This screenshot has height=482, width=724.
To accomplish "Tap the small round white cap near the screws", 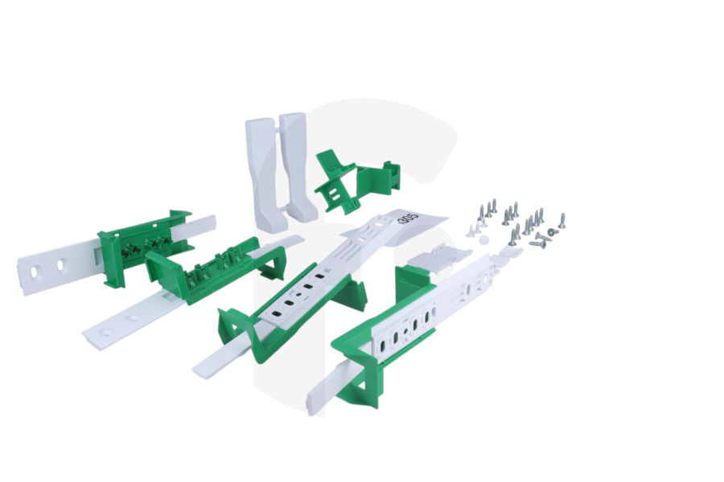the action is [x=484, y=239].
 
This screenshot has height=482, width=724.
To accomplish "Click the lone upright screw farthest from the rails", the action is [x=562, y=221].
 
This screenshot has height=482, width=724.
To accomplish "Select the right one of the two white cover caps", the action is [x=298, y=165].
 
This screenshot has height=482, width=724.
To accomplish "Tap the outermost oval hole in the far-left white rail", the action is [x=35, y=272].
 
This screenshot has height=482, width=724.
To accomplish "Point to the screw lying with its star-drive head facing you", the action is [x=550, y=231].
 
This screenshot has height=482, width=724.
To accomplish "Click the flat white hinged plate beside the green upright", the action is [x=438, y=254].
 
